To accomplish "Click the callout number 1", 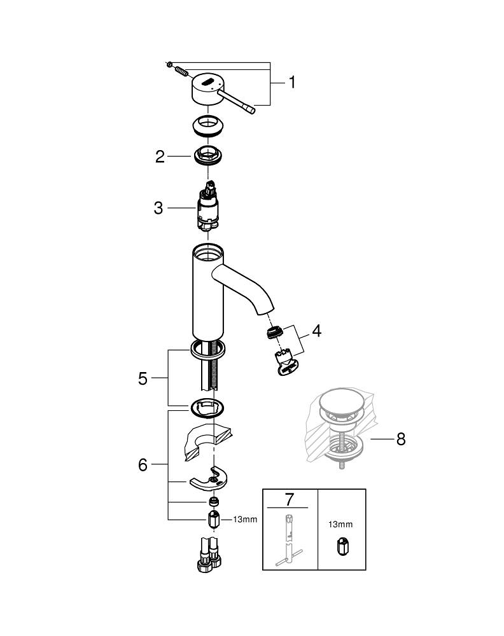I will tap(291, 83).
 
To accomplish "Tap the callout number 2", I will tap(160, 156).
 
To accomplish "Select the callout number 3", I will tap(158, 207).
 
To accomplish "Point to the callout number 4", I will tap(316, 331).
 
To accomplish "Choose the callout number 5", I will tap(143, 378).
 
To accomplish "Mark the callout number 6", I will tap(143, 465).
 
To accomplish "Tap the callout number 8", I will tap(400, 439).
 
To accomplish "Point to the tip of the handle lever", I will tap(252, 111).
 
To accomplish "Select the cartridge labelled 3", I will tap(207, 207).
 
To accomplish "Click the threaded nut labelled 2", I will tap(207, 155).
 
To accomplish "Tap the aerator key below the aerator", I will tap(287, 363).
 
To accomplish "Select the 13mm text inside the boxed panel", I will tap(341, 525).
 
